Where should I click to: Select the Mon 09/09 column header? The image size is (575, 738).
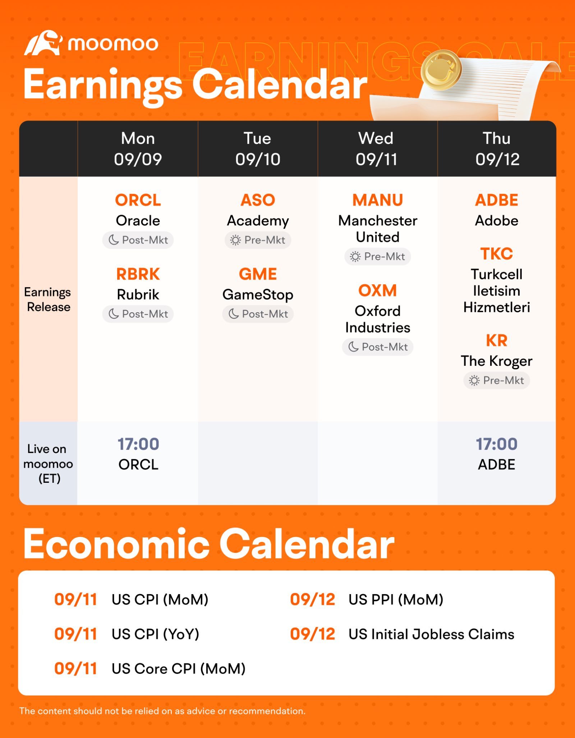(x=138, y=149)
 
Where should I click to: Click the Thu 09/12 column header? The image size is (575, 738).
(x=497, y=149)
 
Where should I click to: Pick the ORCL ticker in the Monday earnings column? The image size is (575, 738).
(x=138, y=200)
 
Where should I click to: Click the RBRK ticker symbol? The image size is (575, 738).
(x=138, y=274)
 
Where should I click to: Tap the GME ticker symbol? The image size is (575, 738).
(x=258, y=274)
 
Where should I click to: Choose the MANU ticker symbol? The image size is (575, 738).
(x=378, y=200)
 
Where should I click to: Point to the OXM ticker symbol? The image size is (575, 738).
(x=378, y=290)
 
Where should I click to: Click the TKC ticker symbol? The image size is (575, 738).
(x=497, y=254)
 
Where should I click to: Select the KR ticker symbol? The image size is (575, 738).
(x=497, y=340)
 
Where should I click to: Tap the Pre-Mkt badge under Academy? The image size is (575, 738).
(x=258, y=240)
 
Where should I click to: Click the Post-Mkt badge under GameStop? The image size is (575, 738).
(x=258, y=314)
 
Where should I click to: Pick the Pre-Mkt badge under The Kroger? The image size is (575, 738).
(x=497, y=380)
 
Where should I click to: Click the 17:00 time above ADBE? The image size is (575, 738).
(x=497, y=444)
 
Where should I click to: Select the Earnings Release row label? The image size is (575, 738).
(x=48, y=299)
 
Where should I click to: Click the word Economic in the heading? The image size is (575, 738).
(x=116, y=544)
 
